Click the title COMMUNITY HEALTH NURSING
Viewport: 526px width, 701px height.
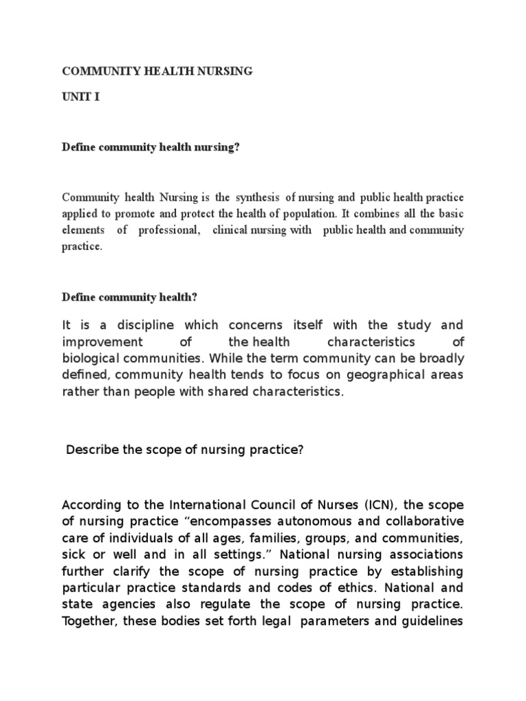158,71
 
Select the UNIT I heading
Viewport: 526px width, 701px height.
81,97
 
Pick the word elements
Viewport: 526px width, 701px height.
83,230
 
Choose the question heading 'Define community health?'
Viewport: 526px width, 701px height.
130,297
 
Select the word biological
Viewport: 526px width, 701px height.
93,358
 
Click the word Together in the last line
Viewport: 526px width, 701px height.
88,620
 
